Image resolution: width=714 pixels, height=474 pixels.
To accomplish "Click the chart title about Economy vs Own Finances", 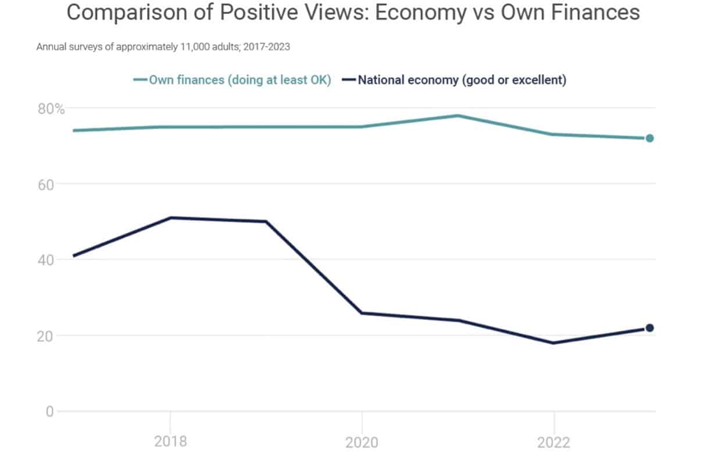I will [x=353, y=13].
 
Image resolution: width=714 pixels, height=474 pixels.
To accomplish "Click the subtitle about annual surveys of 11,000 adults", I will [x=163, y=47].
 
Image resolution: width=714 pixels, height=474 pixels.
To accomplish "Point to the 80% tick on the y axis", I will [x=51, y=109].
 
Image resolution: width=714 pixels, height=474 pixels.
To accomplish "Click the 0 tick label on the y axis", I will [x=50, y=411].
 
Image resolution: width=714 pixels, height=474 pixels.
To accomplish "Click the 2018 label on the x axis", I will [x=170, y=441].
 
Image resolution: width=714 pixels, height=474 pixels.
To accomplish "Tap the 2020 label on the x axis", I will [x=362, y=442].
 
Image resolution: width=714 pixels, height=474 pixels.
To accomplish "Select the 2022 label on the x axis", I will [x=554, y=442].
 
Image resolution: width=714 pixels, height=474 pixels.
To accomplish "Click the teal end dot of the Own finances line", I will [x=649, y=138].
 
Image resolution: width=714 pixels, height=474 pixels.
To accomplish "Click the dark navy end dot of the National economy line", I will [x=649, y=328].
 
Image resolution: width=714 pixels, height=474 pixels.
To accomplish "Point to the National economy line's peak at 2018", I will [x=170, y=218].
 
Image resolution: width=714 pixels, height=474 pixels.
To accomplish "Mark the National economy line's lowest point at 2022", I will [x=554, y=343].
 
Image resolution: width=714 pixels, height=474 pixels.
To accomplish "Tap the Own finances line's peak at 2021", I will [x=458, y=116].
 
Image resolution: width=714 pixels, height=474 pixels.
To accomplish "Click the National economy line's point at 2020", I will [x=362, y=313].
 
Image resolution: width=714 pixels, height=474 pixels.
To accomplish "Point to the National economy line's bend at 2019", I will [x=266, y=222].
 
